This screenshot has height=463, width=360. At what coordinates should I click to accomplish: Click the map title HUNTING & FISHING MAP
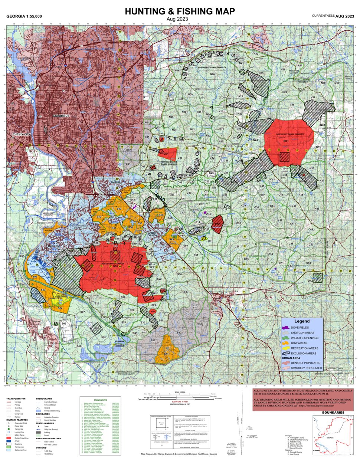[180, 12]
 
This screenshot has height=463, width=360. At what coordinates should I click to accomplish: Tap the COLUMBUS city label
[61, 116]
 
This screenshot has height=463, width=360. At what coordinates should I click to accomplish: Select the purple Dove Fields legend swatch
[286, 328]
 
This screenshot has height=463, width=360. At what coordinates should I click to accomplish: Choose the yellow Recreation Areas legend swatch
[286, 348]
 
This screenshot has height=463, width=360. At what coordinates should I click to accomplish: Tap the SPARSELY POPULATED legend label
[306, 368]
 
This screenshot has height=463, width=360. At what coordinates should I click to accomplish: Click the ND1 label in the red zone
[286, 141]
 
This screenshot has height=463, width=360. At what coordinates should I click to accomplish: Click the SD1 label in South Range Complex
[115, 266]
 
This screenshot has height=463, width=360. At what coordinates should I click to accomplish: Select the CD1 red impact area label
[166, 154]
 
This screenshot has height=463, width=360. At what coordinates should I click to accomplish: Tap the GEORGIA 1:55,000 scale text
[24, 17]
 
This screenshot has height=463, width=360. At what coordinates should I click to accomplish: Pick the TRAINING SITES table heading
[100, 400]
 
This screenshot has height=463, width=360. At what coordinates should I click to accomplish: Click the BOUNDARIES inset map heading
[333, 413]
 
